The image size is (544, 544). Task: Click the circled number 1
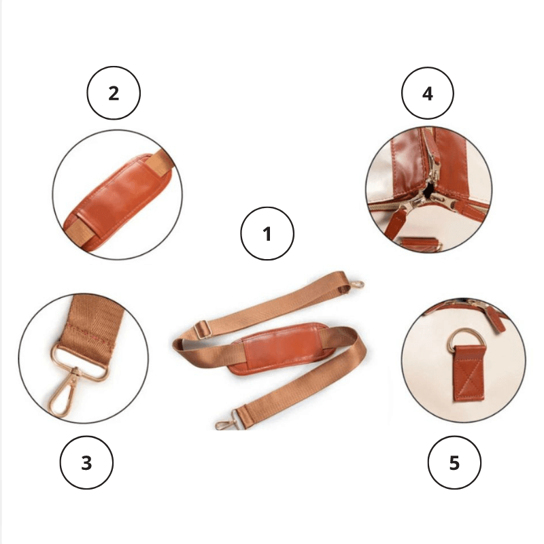[267, 233]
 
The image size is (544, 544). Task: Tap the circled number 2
[114, 93]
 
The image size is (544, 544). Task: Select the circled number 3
[86, 462]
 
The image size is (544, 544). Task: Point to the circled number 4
[428, 93]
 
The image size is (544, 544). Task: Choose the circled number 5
[454, 462]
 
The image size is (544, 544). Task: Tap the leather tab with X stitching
[469, 375]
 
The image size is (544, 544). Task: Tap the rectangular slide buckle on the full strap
[202, 330]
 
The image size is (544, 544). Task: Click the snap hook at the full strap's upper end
[356, 285]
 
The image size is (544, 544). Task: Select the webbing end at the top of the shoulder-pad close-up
[160, 162]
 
